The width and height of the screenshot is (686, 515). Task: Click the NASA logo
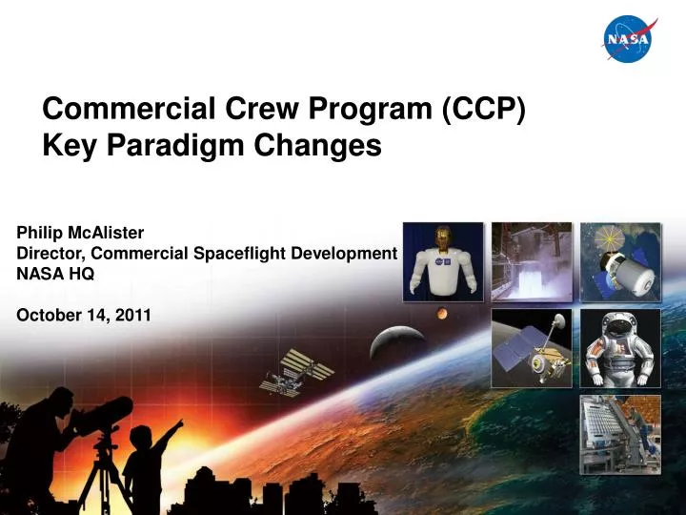(x=628, y=39)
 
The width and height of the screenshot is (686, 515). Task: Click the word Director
(x=50, y=253)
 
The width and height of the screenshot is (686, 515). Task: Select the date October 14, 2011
(x=84, y=316)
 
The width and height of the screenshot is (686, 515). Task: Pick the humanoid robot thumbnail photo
(x=443, y=260)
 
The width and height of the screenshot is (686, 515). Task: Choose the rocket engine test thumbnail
(x=532, y=260)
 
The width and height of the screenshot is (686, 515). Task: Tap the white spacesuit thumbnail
(x=620, y=347)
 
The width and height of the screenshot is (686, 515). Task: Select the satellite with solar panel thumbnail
(x=532, y=347)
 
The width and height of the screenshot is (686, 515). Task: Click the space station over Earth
(x=296, y=371)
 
